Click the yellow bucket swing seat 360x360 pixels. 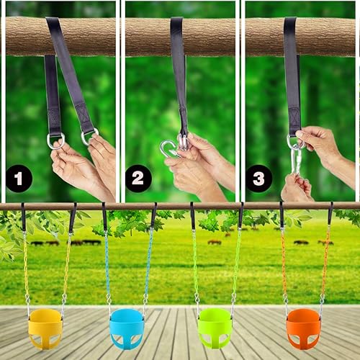pyautogui.click(x=45, y=328)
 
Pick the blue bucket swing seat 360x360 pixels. pyautogui.click(x=127, y=328)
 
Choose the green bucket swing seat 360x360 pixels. pyautogui.click(x=215, y=328)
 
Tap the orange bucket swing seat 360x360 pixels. pyautogui.click(x=304, y=328)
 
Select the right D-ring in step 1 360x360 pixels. pyautogui.click(x=89, y=135)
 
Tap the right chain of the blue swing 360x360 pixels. pyautogui.click(x=148, y=263)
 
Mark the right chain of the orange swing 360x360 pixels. pyautogui.click(x=325, y=263)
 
